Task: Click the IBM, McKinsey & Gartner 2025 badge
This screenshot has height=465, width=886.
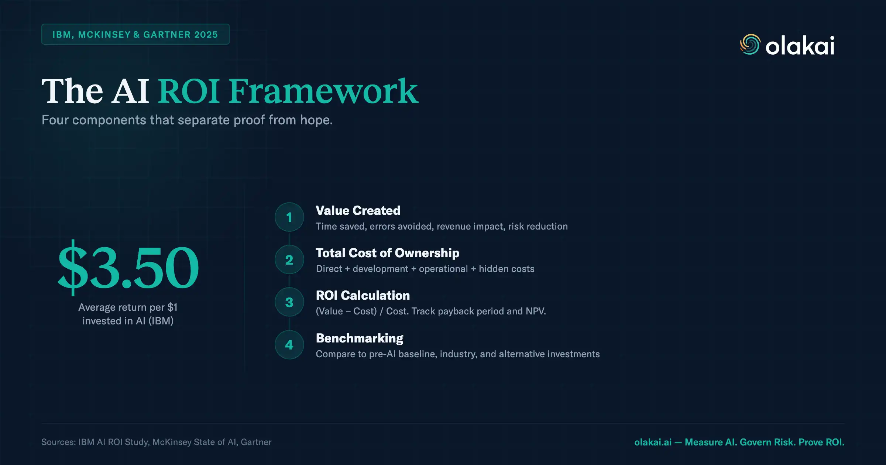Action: [x=135, y=34]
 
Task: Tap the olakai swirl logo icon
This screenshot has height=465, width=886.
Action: [x=750, y=45]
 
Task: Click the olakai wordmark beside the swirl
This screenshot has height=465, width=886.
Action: [x=800, y=46]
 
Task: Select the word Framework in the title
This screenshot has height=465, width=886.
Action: [x=323, y=91]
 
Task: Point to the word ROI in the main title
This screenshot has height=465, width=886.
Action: [x=189, y=91]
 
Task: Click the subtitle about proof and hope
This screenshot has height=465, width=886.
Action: [x=187, y=120]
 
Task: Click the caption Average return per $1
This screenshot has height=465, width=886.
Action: [x=128, y=307]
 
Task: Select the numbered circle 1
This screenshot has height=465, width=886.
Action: [x=289, y=217]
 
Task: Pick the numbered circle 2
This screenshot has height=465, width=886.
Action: [x=289, y=260]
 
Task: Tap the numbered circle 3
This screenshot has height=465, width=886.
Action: [x=289, y=302]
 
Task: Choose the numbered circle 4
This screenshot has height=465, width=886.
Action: [x=289, y=345]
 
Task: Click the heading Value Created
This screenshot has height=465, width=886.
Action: [x=358, y=210]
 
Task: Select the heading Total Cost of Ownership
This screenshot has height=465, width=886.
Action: [x=387, y=253]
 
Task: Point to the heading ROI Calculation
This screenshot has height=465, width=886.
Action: [x=363, y=295]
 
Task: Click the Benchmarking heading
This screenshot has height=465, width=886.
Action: [x=359, y=338]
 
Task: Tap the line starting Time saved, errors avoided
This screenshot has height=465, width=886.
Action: [x=442, y=226]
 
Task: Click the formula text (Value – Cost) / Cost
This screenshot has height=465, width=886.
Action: [x=430, y=311]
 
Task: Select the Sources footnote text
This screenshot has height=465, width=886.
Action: [x=156, y=442]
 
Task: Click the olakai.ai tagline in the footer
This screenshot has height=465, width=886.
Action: [x=739, y=442]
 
